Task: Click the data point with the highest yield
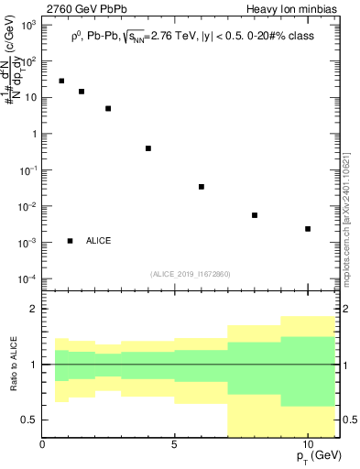click(x=61, y=81)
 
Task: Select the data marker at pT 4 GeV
click(x=147, y=148)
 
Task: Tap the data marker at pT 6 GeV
click(x=201, y=187)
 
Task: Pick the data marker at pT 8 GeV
click(x=255, y=215)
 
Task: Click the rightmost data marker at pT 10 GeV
click(x=308, y=229)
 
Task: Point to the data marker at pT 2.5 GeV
click(x=108, y=108)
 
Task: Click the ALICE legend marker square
click(x=70, y=241)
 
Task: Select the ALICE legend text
click(x=99, y=241)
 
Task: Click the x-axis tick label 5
click(x=174, y=442)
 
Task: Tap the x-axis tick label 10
click(x=307, y=442)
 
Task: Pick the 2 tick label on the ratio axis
click(x=34, y=309)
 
